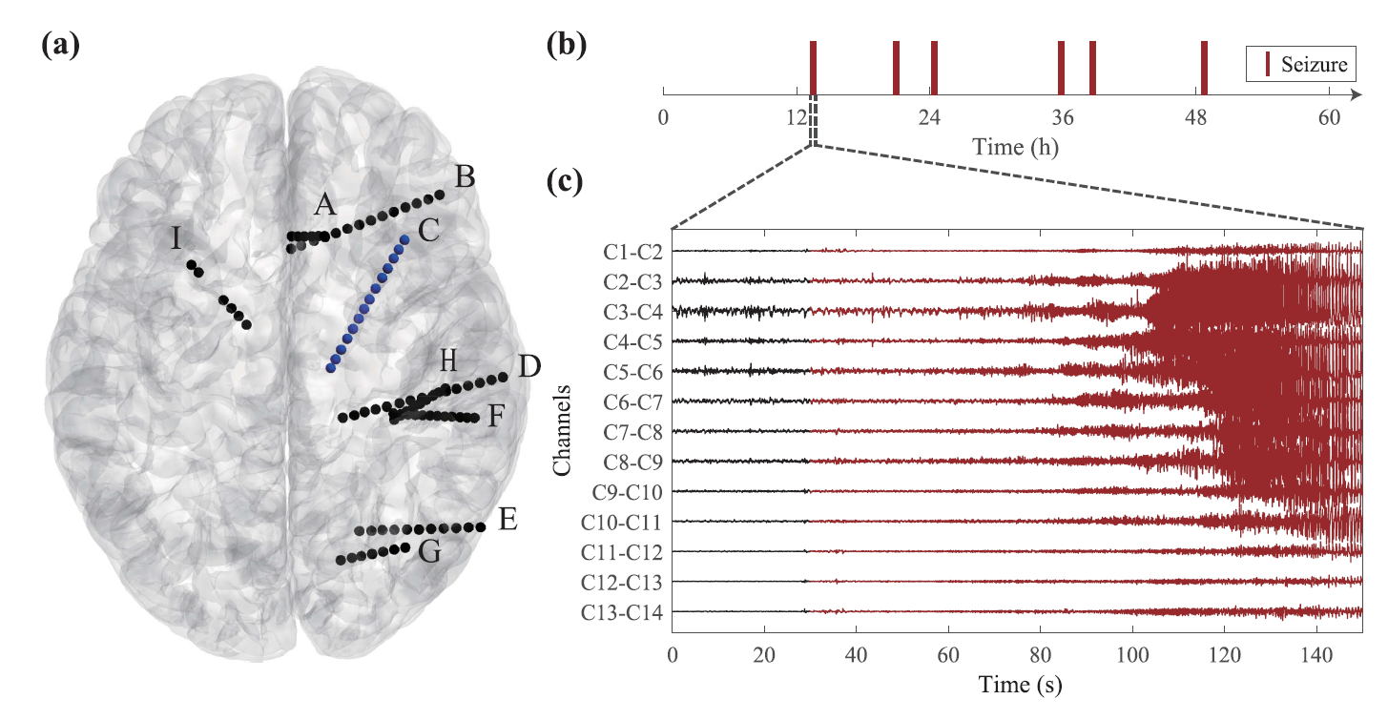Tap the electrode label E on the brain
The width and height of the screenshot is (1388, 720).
tap(508, 520)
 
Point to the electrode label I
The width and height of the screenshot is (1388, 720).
tap(176, 238)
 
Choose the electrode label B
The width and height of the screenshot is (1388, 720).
tap(466, 177)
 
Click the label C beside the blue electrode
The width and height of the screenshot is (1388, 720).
tap(427, 229)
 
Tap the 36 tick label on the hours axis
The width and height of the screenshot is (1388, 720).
tap(1062, 118)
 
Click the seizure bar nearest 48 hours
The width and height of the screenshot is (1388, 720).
tap(1204, 68)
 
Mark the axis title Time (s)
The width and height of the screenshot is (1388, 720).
tap(1016, 685)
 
